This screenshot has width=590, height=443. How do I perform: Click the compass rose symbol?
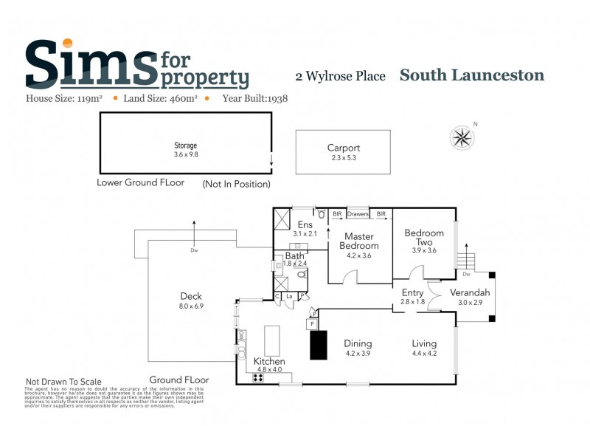click(462, 137)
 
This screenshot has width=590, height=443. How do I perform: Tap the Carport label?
click(344, 148)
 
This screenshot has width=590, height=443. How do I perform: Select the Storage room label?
click(185, 145)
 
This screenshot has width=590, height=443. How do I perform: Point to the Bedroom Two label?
click(424, 238)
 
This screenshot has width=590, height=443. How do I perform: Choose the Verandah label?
click(473, 292)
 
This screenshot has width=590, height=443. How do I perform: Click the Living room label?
click(424, 343)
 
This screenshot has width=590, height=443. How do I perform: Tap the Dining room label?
click(358, 343)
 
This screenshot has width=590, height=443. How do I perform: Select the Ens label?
click(305, 224)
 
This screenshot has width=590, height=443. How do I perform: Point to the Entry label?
click(412, 293)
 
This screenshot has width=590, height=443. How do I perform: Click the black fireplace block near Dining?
click(318, 345)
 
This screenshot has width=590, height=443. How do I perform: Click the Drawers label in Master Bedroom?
click(358, 214)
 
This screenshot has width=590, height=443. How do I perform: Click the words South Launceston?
click(472, 75)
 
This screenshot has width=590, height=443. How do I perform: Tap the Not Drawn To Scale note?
click(64, 382)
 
